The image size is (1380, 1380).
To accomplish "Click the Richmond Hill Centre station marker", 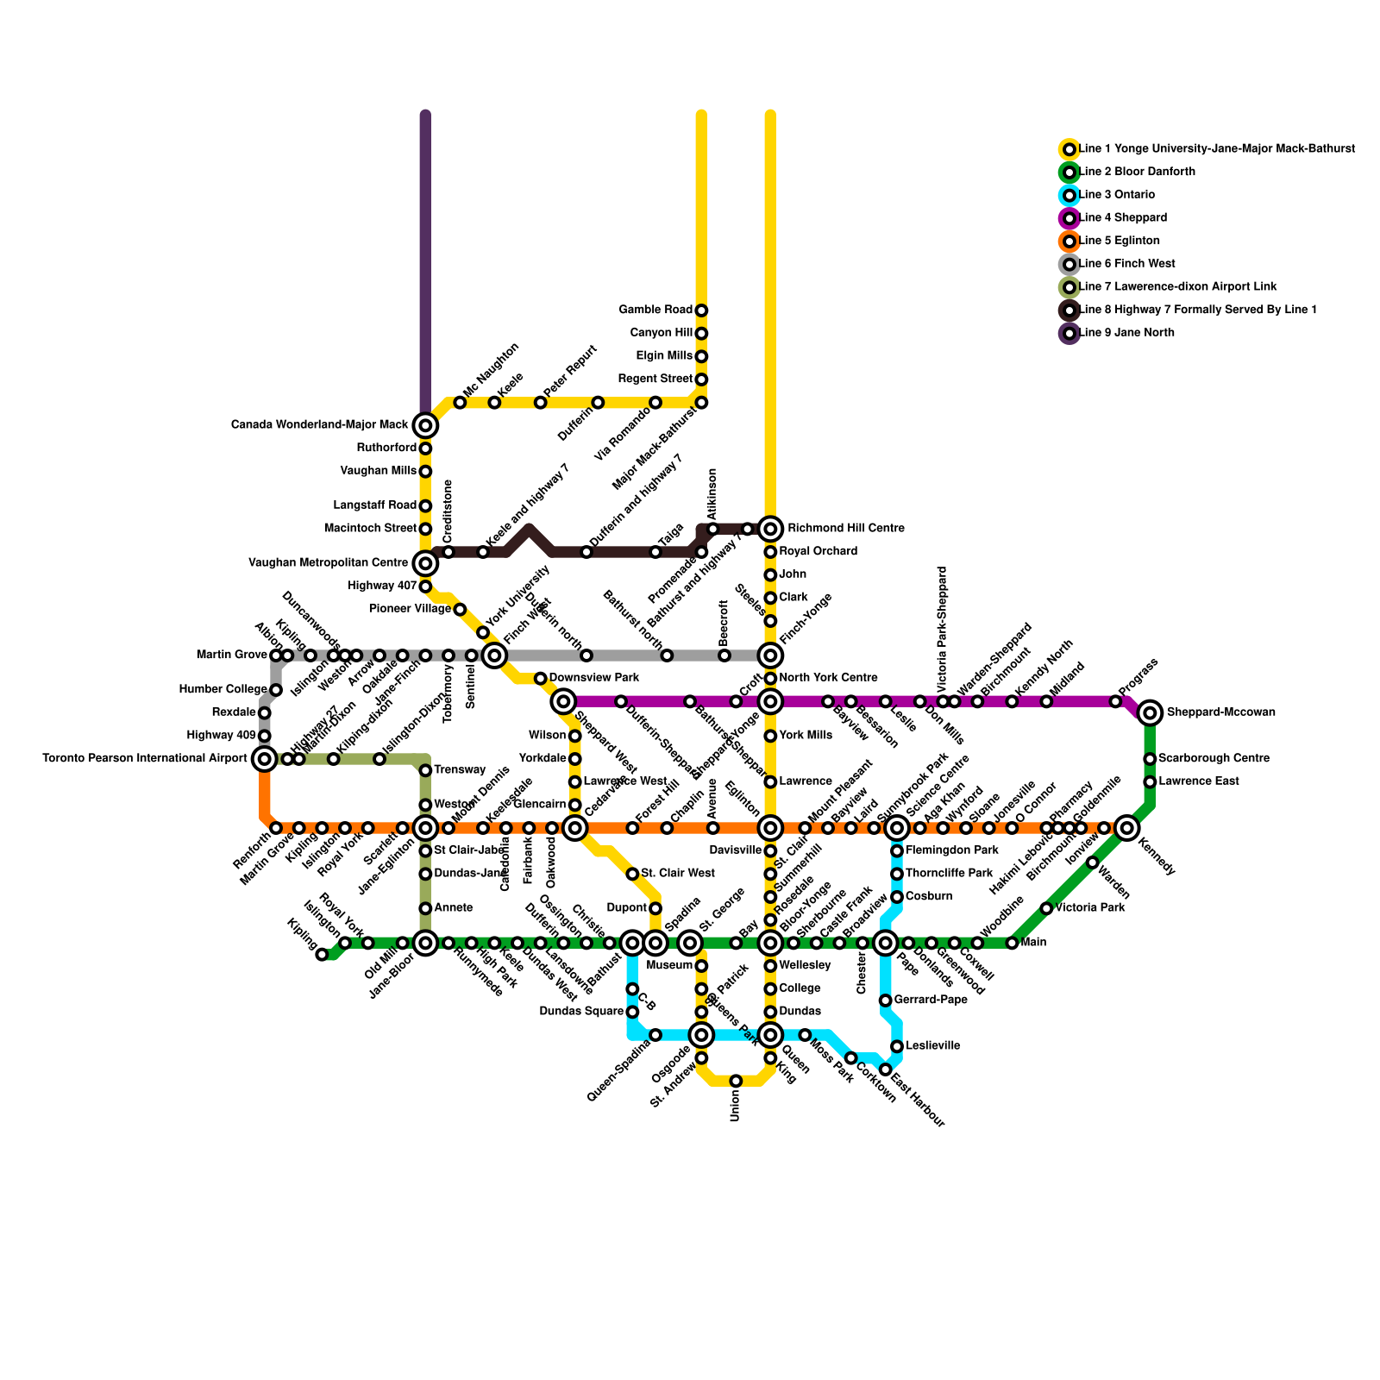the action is point(770,529).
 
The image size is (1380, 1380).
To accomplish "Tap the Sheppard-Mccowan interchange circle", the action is point(1149,712).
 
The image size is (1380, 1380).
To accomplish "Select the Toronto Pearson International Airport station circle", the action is point(265,759).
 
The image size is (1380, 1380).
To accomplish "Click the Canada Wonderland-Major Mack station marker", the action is point(425,425).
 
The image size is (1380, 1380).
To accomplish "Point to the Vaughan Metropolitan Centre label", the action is point(328,563).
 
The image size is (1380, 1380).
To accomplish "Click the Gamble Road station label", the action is point(655,310).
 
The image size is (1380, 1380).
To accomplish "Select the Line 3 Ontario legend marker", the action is point(1069,195).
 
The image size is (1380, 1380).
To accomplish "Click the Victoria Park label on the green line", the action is point(1088,908).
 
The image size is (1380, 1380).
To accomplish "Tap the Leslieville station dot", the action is point(897,1046).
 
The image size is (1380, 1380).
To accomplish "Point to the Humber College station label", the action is point(223,690).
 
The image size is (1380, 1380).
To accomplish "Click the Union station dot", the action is point(736,1081).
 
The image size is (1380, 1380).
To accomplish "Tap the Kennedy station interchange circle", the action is point(1126,828).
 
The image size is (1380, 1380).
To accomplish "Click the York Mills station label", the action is point(806,736).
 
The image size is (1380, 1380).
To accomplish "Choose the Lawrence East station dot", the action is point(1150,781).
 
